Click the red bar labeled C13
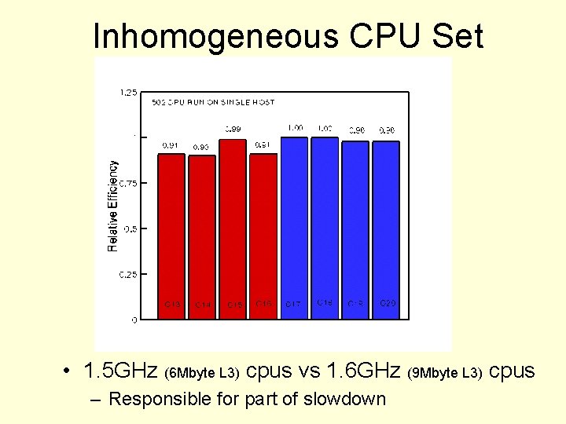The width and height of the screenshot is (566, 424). pyautogui.click(x=171, y=236)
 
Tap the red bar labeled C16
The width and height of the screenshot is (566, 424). pyautogui.click(x=263, y=236)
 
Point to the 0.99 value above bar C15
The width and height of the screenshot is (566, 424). pyautogui.click(x=233, y=129)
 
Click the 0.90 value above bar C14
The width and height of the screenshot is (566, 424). pyautogui.click(x=201, y=147)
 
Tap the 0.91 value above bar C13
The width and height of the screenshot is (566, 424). pyautogui.click(x=171, y=144)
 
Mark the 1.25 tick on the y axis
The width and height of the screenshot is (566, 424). pyautogui.click(x=127, y=93)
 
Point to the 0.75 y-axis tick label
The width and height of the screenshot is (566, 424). pyautogui.click(x=127, y=183)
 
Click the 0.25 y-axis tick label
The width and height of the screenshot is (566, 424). pyautogui.click(x=127, y=275)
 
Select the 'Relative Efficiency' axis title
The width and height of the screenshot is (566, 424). pyautogui.click(x=113, y=206)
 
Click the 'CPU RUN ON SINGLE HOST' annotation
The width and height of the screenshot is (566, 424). pyautogui.click(x=213, y=103)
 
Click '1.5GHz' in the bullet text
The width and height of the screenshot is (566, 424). pyautogui.click(x=121, y=370)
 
